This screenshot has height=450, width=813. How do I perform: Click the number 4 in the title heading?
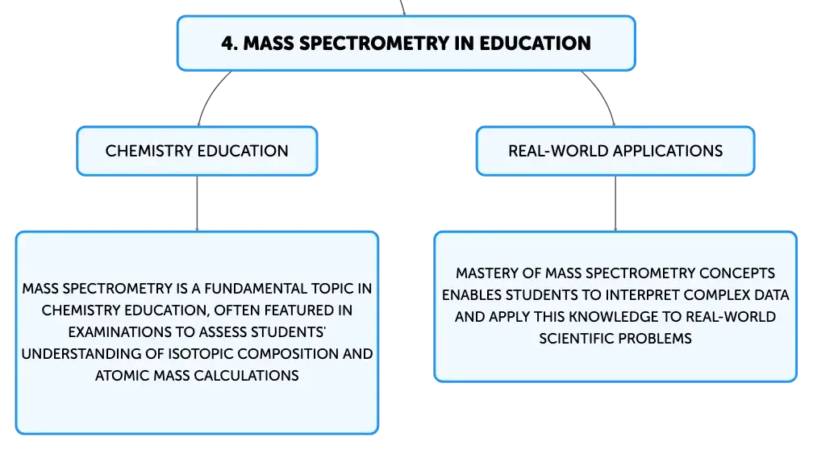(227, 43)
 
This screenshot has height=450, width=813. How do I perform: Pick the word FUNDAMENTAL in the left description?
(257, 288)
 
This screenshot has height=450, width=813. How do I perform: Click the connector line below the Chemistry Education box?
(196, 204)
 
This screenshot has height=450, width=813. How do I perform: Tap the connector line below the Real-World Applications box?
(616, 204)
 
